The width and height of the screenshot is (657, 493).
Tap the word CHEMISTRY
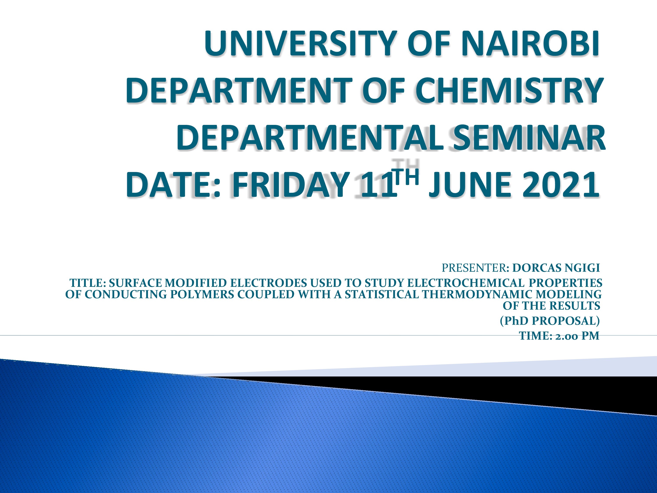[511, 90]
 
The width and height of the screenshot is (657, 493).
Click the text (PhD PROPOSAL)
[550, 321]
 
